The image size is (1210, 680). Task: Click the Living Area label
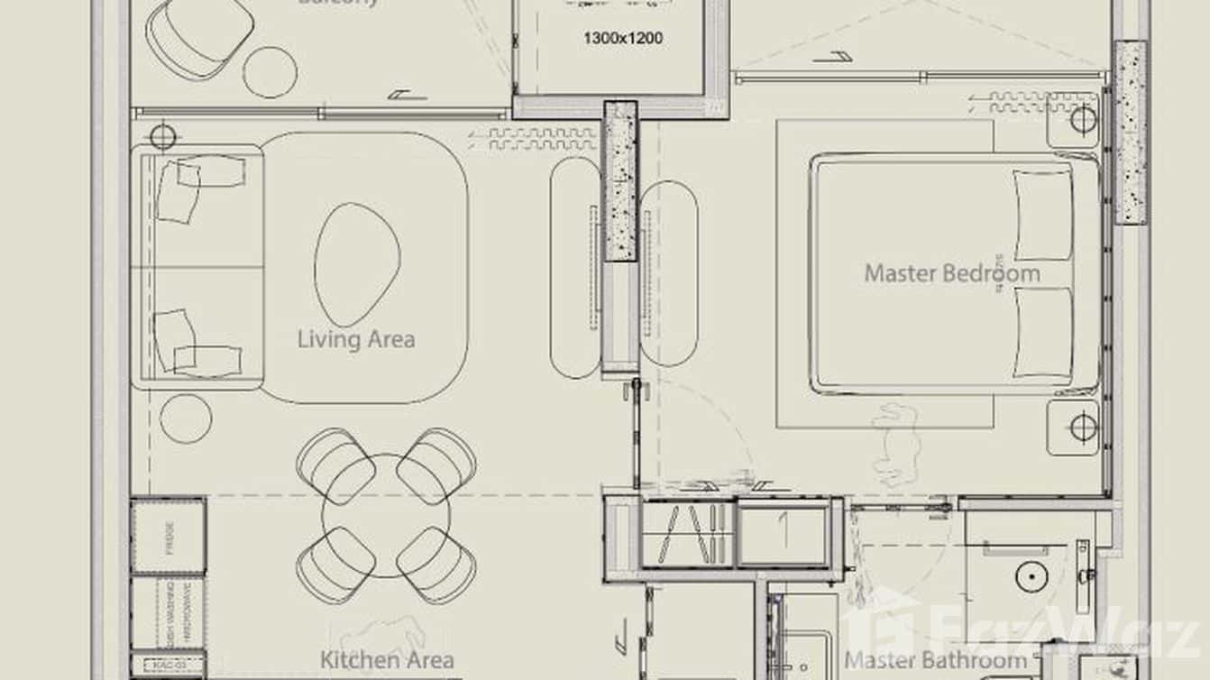point(356,340)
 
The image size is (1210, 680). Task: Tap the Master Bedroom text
point(951,273)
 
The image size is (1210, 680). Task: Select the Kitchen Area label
point(387,660)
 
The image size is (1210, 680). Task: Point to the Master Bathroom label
point(935,661)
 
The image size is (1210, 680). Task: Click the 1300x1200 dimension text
point(623,39)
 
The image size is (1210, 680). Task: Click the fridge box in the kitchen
point(169,537)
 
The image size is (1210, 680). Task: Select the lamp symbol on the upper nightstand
point(1083,119)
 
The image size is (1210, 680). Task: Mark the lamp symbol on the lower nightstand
point(1083,427)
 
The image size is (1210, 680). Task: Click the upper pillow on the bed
point(1043,214)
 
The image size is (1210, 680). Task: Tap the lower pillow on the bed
point(1043,331)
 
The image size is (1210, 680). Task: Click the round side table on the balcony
point(269,71)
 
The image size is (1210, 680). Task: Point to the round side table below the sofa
point(186,418)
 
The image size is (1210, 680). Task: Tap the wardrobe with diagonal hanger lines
point(688,533)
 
